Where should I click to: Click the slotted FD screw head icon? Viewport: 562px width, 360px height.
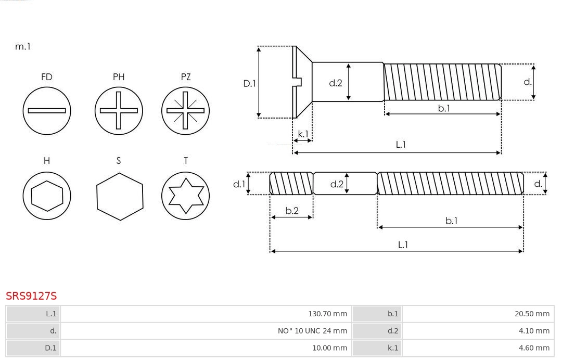click(x=47, y=110)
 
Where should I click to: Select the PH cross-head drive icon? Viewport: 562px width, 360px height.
click(x=119, y=110)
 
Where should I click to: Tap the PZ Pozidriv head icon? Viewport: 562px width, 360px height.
click(x=186, y=110)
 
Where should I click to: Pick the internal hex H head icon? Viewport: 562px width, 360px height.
click(x=47, y=196)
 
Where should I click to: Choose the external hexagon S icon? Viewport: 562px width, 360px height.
click(x=119, y=196)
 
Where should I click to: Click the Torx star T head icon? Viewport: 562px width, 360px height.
click(x=186, y=196)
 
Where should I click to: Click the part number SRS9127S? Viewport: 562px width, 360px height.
click(x=31, y=296)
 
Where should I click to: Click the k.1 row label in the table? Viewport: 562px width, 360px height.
click(x=392, y=348)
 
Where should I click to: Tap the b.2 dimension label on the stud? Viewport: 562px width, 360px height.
click(x=292, y=211)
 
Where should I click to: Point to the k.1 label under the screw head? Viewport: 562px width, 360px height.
click(x=303, y=134)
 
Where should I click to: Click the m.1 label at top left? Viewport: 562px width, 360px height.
click(x=23, y=47)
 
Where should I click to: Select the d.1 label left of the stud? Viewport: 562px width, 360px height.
click(x=239, y=184)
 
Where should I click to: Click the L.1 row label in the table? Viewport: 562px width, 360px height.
click(x=51, y=314)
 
